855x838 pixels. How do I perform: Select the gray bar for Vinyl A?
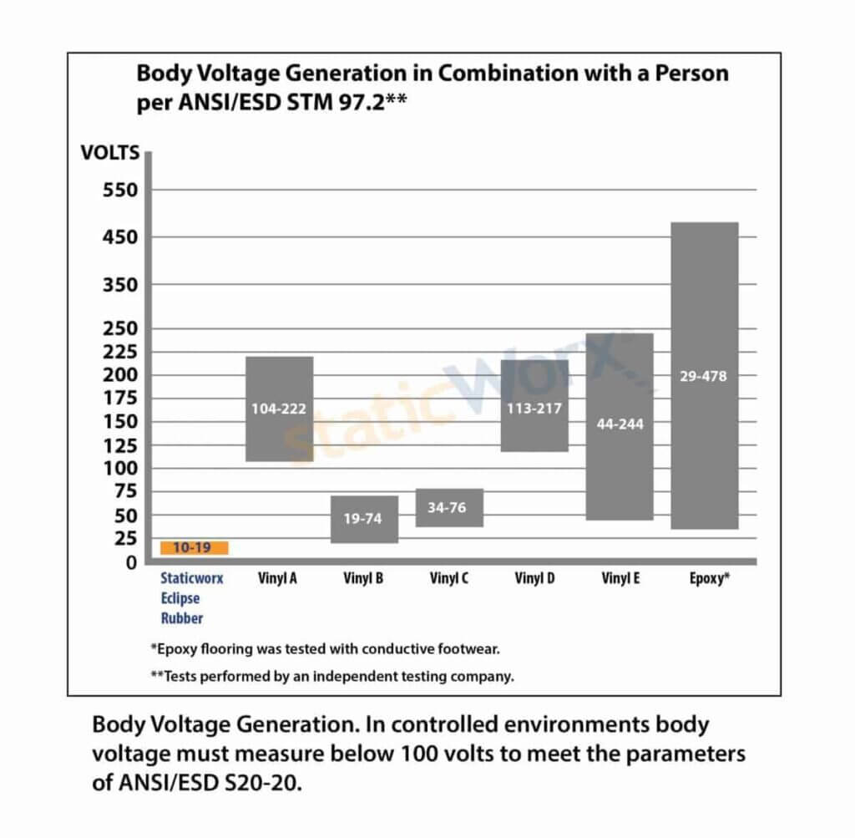click(279, 409)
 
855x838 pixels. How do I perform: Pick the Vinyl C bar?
click(449, 507)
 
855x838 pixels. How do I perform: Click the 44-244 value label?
click(620, 424)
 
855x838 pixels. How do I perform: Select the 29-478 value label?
click(704, 376)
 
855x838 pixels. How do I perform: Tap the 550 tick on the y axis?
click(119, 190)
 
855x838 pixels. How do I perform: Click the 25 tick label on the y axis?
click(124, 539)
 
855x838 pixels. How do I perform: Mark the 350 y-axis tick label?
click(119, 284)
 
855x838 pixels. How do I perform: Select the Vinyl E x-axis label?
click(620, 577)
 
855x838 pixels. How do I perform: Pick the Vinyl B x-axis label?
click(363, 577)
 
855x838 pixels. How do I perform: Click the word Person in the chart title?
click(688, 73)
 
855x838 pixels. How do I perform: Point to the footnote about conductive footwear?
click(325, 648)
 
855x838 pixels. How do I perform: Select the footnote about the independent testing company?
click(331, 677)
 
